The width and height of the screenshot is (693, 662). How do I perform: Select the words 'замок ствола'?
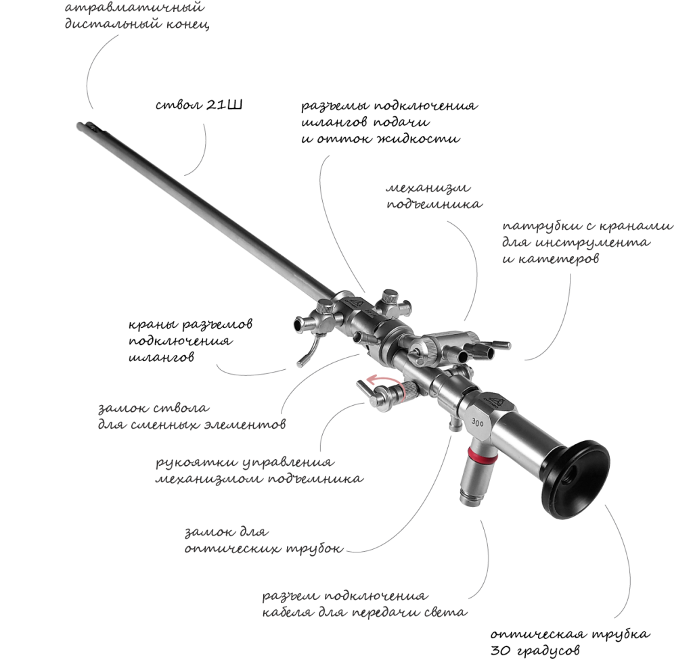click(152, 409)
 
